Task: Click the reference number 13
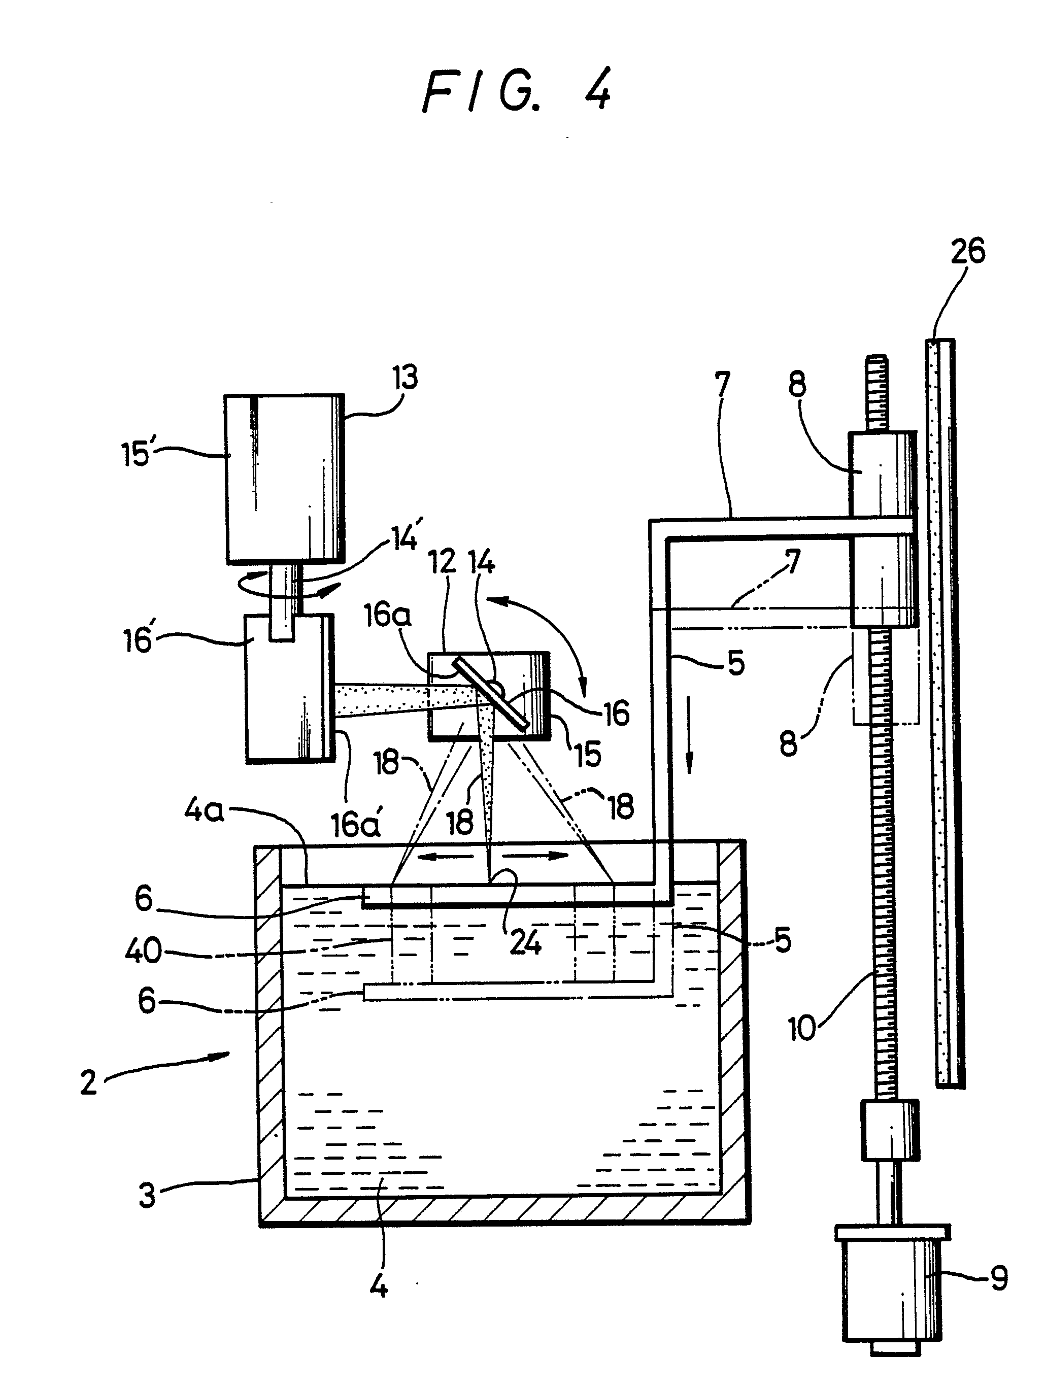point(404,379)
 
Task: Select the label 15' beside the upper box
point(136,454)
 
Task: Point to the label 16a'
point(356,825)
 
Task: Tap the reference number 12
point(443,562)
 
